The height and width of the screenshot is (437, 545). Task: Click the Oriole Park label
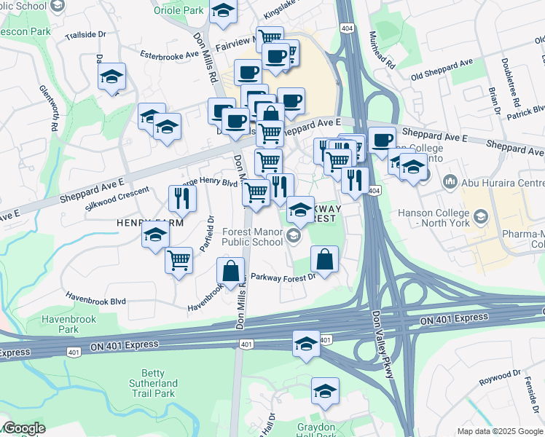[179, 11]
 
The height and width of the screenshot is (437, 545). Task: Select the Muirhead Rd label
[382, 50]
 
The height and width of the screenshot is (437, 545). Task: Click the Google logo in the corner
[24, 428]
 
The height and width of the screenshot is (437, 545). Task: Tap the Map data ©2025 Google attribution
[500, 431]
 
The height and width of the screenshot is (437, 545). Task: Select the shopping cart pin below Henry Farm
[179, 259]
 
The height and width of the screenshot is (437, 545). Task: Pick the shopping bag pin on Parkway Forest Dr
[324, 258]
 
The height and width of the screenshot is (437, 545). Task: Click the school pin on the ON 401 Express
[307, 342]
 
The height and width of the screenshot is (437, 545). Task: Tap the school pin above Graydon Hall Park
[325, 390]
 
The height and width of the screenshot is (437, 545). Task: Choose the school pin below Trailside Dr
[111, 76]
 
